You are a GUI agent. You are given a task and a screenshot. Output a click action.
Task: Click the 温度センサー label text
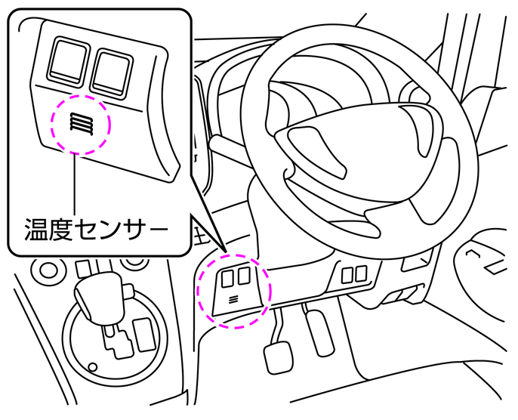[94, 227]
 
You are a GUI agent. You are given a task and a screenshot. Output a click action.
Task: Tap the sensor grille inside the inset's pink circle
[80, 124]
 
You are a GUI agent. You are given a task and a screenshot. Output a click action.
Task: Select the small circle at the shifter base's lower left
[92, 368]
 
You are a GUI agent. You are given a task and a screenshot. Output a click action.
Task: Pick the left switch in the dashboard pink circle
[228, 277]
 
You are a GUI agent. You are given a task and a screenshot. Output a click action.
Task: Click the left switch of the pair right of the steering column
[347, 275]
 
